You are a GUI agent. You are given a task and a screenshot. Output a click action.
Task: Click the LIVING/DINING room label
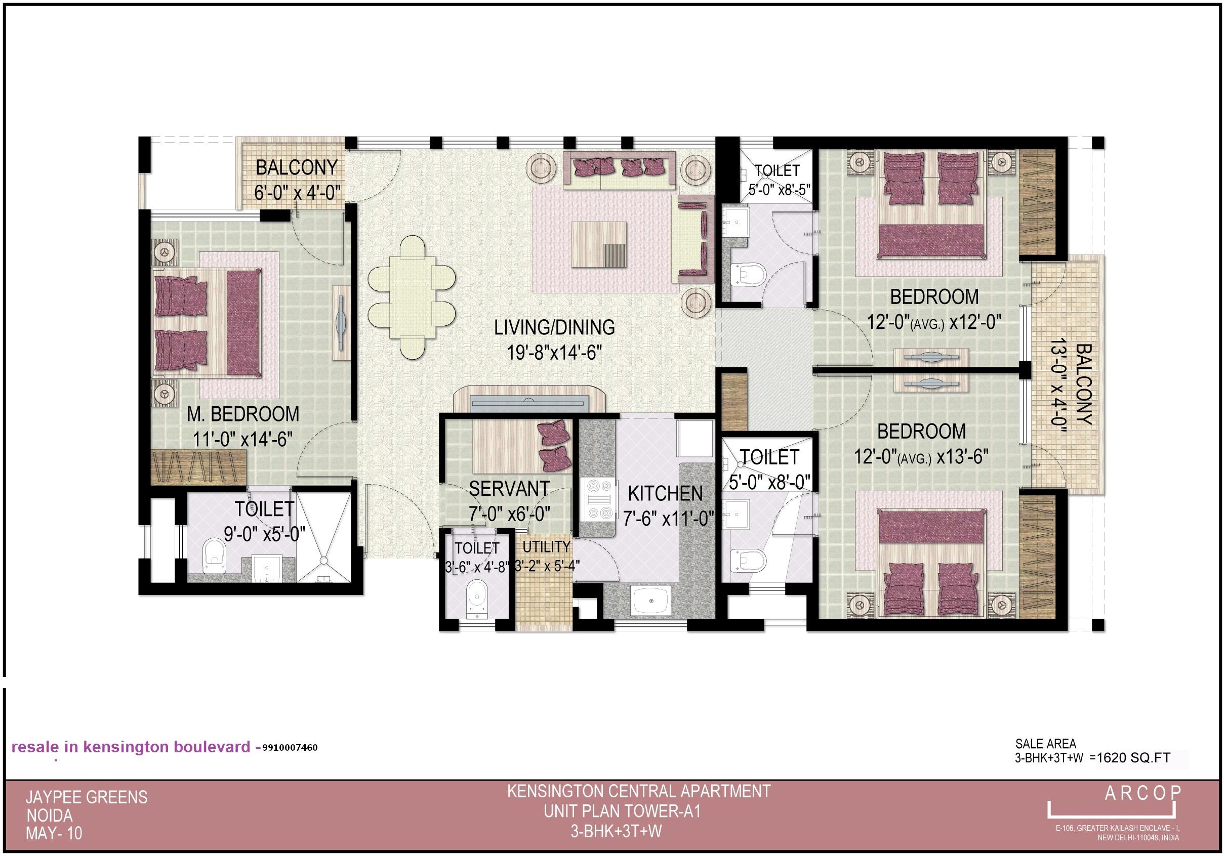point(554,327)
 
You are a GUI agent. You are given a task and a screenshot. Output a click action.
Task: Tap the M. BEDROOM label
point(243,414)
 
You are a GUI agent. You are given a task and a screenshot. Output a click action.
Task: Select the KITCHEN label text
point(665,494)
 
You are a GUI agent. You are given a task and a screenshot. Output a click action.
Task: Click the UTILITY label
point(546,547)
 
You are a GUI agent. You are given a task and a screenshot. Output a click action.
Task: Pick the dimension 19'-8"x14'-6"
point(554,353)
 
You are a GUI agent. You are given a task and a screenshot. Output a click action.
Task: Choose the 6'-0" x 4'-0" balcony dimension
point(297,193)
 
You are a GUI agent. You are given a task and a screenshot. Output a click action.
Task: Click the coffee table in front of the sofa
point(599,244)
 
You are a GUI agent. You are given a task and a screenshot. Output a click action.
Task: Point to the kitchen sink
point(651,600)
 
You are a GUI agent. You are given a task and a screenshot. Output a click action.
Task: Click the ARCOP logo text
point(1142,794)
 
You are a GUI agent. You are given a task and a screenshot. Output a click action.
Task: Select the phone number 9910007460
point(290,748)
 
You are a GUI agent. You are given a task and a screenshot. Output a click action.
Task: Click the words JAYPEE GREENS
point(87,797)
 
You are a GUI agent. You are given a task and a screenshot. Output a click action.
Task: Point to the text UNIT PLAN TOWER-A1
point(622,812)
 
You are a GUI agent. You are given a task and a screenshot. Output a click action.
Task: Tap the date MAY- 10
point(54,834)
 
